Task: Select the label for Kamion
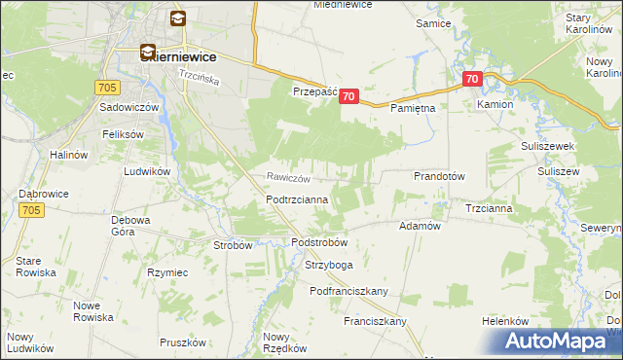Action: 494,103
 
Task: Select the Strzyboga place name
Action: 327,265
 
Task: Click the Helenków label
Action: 505,321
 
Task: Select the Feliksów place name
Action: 123,134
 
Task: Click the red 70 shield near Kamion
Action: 472,79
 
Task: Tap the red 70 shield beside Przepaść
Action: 350,96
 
